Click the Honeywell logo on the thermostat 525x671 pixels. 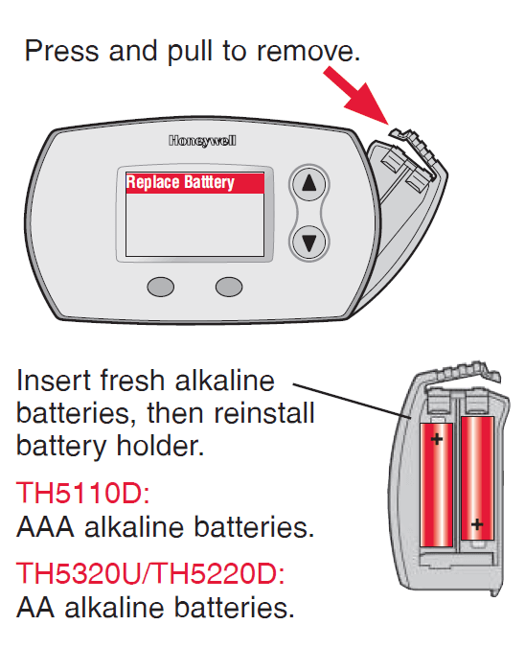pyautogui.click(x=202, y=140)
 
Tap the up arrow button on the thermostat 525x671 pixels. pyautogui.click(x=309, y=184)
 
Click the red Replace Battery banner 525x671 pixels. pyautogui.click(x=194, y=183)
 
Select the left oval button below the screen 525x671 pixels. pyautogui.click(x=161, y=287)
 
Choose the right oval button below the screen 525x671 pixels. pyautogui.click(x=229, y=287)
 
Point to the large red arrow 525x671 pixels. pyautogui.click(x=356, y=96)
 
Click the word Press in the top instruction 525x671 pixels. pyautogui.click(x=62, y=51)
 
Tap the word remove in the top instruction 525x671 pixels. pyautogui.click(x=308, y=52)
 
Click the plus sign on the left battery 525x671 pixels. pyautogui.click(x=437, y=439)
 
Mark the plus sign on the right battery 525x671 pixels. pyautogui.click(x=477, y=524)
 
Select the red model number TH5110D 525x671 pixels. pyautogui.click(x=83, y=493)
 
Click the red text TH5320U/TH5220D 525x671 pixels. pyautogui.click(x=150, y=573)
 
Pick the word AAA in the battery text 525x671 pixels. pyautogui.click(x=45, y=527)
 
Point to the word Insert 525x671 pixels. pyautogui.click(x=54, y=380)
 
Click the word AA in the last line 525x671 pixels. pyautogui.click(x=35, y=607)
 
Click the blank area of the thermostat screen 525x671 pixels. pyautogui.click(x=194, y=224)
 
